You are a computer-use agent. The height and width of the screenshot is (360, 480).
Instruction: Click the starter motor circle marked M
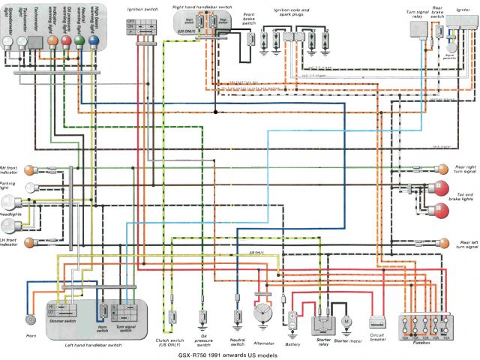click(x=346, y=321)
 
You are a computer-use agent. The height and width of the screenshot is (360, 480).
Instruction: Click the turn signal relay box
click(x=418, y=30)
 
